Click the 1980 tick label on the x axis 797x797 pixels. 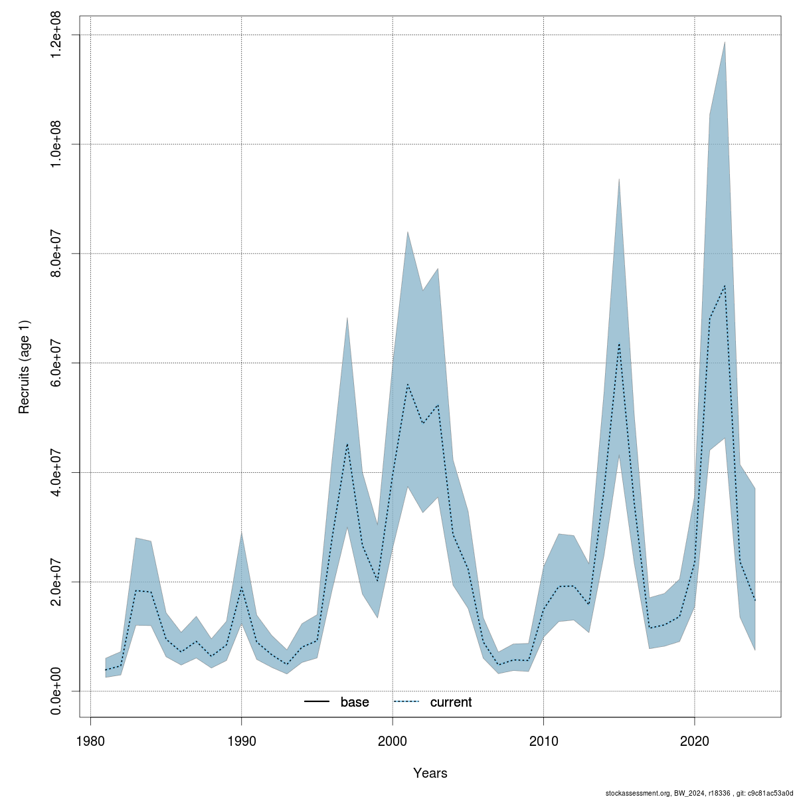[90, 740]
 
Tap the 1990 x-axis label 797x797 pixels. [241, 740]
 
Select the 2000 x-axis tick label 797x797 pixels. [393, 740]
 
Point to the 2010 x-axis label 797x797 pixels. [543, 740]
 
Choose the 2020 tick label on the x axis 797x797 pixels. [694, 740]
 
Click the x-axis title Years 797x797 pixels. [430, 773]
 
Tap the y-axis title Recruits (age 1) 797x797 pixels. [25, 367]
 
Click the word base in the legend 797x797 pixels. [355, 702]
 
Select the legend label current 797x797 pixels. [451, 702]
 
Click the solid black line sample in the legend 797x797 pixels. [317, 702]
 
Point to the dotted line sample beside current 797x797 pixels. [407, 702]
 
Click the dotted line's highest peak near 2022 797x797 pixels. [725, 286]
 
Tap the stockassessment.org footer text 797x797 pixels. [700, 792]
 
